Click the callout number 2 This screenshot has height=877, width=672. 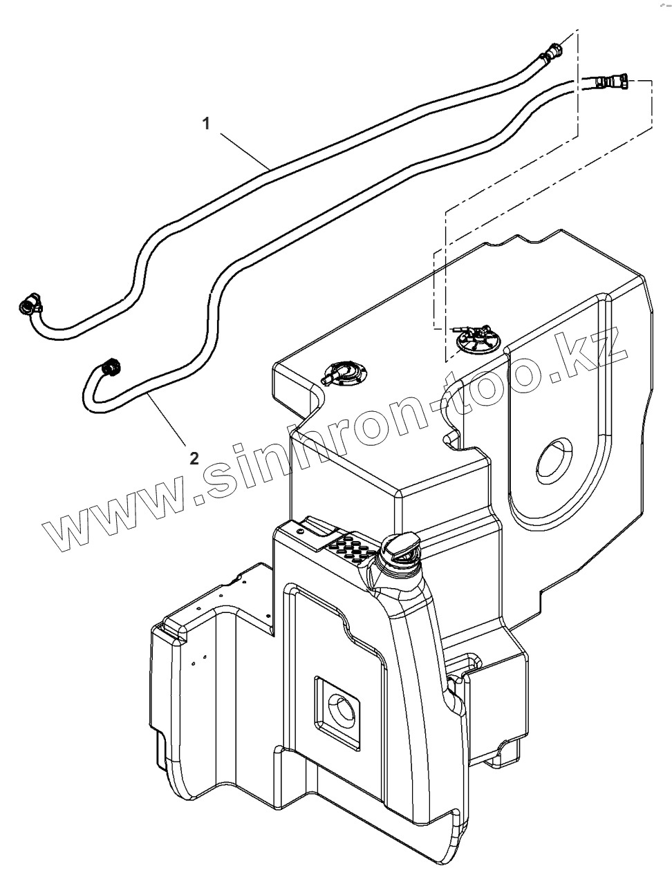tap(194, 457)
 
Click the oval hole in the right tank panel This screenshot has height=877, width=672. tap(553, 460)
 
